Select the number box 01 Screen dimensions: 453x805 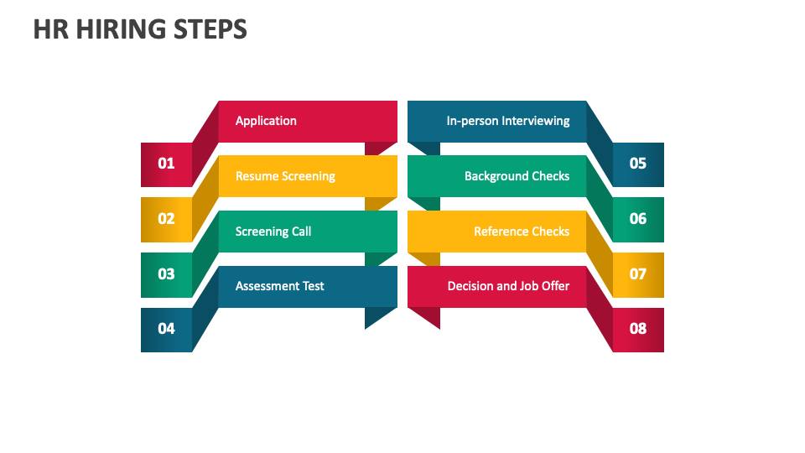167,164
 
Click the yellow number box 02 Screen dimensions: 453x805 167,219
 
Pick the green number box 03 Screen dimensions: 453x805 167,274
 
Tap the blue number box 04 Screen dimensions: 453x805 167,329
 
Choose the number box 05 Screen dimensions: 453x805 638,164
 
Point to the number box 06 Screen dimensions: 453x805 638,219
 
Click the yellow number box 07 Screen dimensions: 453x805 638,274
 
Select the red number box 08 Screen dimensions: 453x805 638,329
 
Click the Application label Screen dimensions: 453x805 266,121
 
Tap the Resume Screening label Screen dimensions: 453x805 285,176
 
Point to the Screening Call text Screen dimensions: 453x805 273,232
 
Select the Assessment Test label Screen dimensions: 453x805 279,286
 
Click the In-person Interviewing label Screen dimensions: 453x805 508,121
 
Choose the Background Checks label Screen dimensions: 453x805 517,176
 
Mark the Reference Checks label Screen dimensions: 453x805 522,232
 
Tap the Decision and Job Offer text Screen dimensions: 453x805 508,286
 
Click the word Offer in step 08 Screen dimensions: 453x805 555,286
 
